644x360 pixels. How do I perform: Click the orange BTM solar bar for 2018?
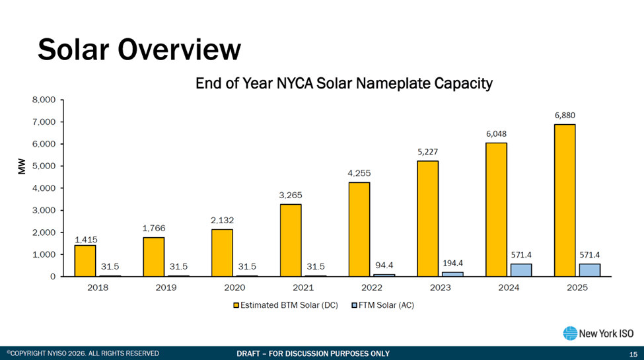(85, 261)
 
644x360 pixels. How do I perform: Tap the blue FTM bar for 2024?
(522, 270)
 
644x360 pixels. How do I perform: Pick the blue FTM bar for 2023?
(453, 273)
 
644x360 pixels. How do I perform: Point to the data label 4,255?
(359, 173)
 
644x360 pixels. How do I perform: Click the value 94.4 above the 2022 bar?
(384, 266)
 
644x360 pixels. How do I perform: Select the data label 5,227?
(427, 151)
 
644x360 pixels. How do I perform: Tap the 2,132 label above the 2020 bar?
(222, 220)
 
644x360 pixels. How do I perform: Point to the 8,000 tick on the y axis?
(44, 100)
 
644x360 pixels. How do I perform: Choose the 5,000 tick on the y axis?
(44, 166)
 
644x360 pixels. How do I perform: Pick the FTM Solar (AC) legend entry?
(382, 305)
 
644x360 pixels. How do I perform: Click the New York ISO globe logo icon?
(569, 334)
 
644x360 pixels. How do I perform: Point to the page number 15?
(633, 354)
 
